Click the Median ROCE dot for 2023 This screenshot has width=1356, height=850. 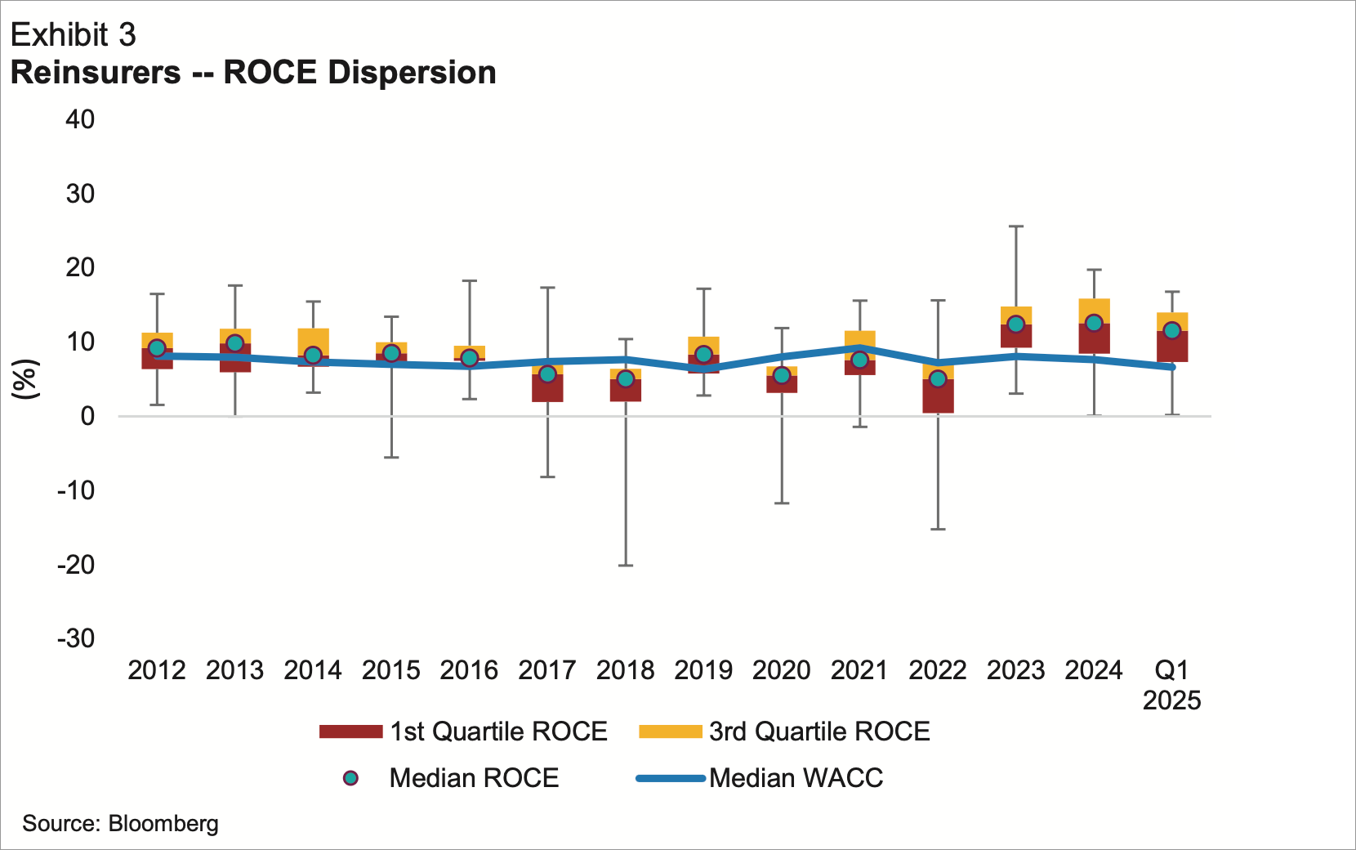click(1015, 324)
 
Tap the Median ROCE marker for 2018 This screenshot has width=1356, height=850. click(626, 378)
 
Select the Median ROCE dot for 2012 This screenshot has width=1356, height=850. click(157, 348)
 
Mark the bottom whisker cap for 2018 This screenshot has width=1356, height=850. click(626, 566)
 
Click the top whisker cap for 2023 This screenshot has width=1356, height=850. click(1015, 226)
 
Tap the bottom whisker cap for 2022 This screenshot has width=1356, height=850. click(938, 530)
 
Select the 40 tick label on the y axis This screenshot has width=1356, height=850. click(80, 119)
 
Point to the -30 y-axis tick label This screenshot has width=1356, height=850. click(76, 638)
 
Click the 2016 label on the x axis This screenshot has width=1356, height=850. click(469, 671)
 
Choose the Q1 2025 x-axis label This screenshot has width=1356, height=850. click(1171, 685)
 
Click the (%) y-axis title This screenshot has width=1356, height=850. click(25, 378)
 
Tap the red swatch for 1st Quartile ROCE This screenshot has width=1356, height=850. click(351, 731)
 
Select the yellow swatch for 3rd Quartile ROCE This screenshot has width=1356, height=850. click(671, 731)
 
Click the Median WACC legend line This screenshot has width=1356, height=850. click(671, 778)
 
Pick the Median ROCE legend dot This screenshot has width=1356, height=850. click(351, 778)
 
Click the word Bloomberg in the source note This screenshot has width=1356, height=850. click(163, 823)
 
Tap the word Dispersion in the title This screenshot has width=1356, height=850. click(412, 73)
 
